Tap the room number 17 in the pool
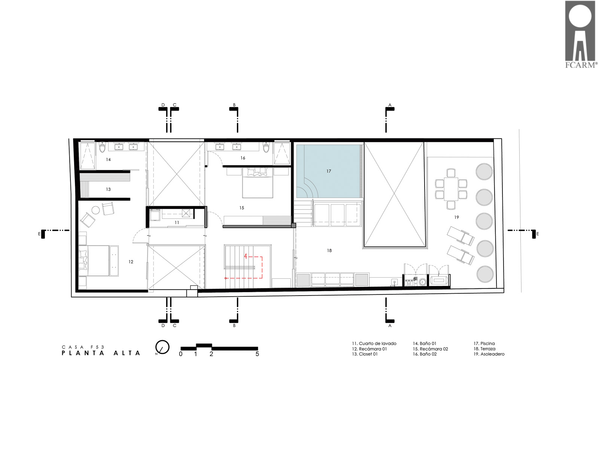329,171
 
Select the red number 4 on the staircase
245,256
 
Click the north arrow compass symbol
162,347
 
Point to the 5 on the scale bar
257,354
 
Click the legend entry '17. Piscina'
484,344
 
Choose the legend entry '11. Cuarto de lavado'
374,344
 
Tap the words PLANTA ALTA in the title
101,353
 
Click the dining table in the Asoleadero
451,189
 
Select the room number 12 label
131,262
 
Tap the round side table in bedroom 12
95,211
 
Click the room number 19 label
456,217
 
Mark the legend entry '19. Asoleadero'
489,354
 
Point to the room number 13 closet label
108,190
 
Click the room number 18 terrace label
329,251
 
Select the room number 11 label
177,223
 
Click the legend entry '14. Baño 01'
425,344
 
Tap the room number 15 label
241,208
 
